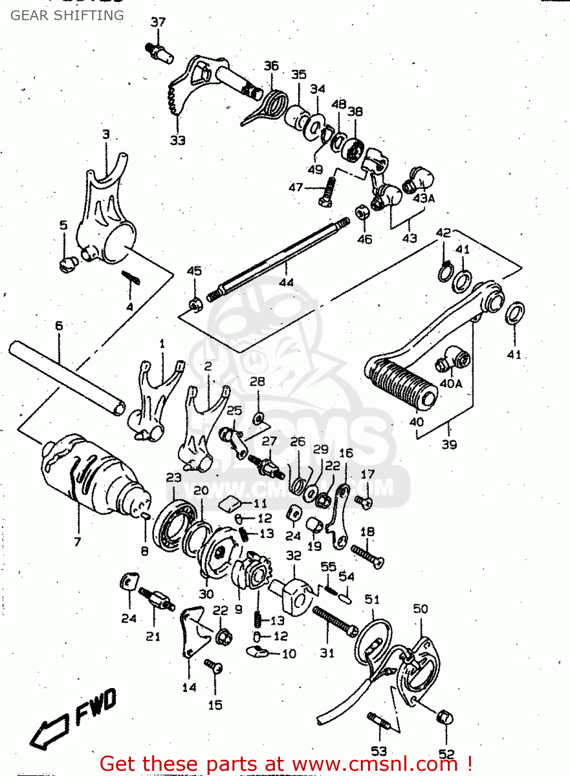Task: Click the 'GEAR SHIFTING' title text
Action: (67, 16)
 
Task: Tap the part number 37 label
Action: (158, 22)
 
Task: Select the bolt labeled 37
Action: (159, 52)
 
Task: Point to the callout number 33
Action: (178, 140)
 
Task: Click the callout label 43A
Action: (423, 198)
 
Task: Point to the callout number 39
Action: (449, 444)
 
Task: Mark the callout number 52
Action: (446, 754)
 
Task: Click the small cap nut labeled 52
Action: (445, 718)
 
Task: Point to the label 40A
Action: (450, 383)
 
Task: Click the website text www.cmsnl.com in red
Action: (375, 764)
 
